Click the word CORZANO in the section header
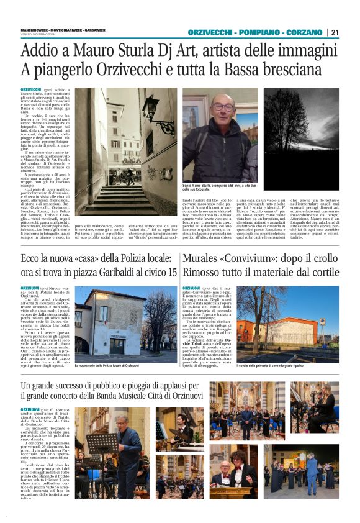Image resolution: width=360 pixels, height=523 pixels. (302, 32)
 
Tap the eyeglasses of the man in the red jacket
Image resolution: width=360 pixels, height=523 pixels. (224, 107)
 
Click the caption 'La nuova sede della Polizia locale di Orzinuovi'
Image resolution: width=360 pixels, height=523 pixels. (107, 366)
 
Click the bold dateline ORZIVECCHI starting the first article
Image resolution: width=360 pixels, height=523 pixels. (30, 90)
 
